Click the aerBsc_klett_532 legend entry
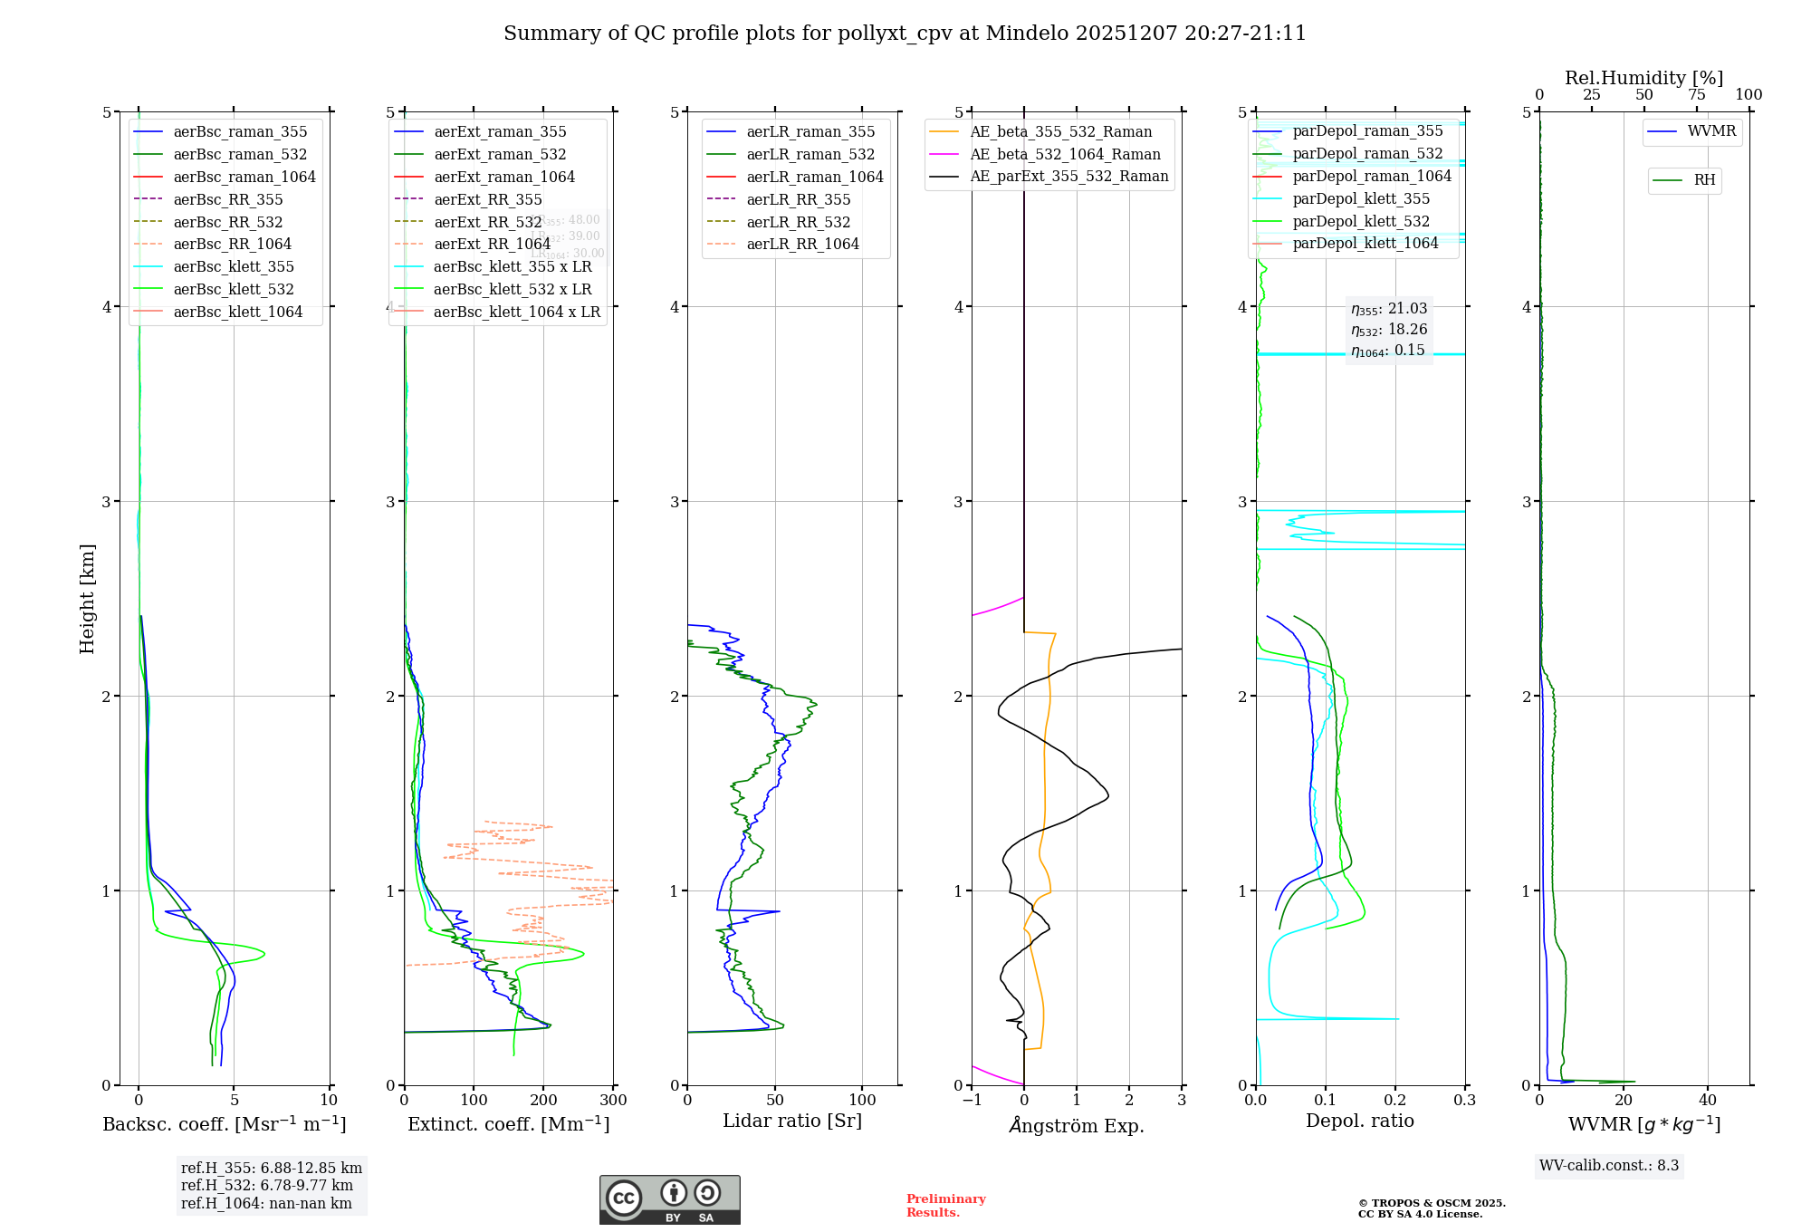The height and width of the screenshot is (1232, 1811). [x=234, y=290]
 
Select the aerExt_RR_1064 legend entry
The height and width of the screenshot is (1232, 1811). [x=492, y=245]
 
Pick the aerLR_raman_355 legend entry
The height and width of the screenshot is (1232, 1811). [x=810, y=132]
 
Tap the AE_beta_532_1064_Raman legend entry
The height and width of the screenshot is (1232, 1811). [x=1065, y=155]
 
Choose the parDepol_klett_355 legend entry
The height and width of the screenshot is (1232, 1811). [x=1361, y=199]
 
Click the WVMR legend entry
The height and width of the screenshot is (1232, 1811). [x=1711, y=131]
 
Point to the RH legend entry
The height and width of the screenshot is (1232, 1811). [x=1704, y=180]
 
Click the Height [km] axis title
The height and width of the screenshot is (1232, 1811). [x=87, y=599]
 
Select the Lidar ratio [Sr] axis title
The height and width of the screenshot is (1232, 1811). [x=792, y=1121]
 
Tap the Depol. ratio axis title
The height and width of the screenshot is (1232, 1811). [x=1359, y=1121]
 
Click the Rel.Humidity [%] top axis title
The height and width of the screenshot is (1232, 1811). [x=1643, y=78]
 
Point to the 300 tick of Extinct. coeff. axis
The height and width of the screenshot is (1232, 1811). [x=614, y=1101]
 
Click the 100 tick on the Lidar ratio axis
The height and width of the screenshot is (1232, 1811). [x=862, y=1101]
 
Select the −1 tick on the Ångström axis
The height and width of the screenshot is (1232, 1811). [x=972, y=1101]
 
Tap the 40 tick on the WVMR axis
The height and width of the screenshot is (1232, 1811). [x=1708, y=1101]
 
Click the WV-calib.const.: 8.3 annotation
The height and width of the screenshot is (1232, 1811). [x=1608, y=1166]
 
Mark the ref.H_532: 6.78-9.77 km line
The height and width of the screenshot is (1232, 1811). [x=267, y=1186]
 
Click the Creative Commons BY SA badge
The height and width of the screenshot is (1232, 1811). [x=669, y=1200]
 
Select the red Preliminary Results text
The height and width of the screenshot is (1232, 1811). [x=945, y=1206]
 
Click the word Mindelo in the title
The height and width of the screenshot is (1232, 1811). [x=1026, y=34]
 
